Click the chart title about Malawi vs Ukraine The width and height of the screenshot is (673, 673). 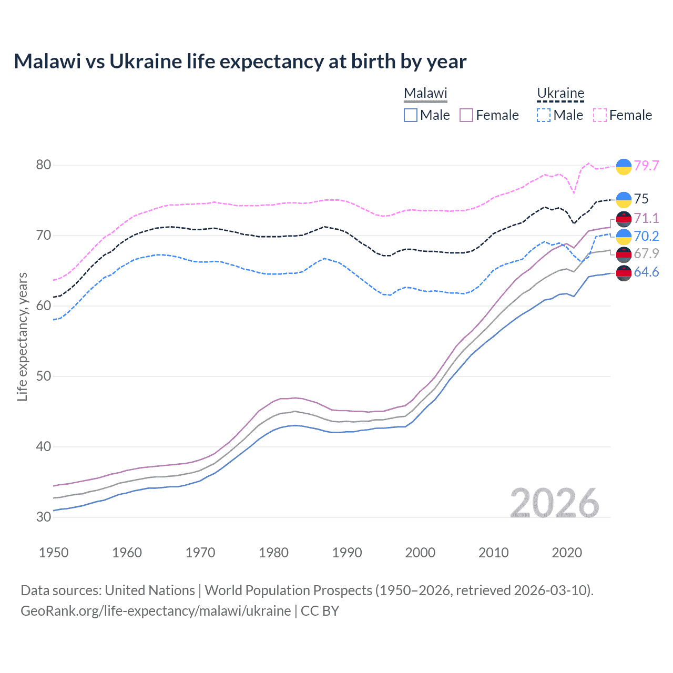(240, 62)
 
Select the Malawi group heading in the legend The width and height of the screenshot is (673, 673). (425, 93)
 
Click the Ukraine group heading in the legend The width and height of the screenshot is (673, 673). (560, 93)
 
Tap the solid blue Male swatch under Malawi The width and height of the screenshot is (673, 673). (411, 115)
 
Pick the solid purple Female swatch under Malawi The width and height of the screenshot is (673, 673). (466, 115)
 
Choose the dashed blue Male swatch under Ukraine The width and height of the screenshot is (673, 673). (544, 115)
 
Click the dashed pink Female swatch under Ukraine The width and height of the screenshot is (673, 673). (600, 115)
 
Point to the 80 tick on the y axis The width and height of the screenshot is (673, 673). (44, 165)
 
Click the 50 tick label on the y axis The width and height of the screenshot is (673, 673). (44, 376)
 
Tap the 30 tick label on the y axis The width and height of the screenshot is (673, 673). (44, 517)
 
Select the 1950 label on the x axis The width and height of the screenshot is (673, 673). (54, 553)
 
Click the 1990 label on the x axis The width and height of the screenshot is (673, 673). (347, 553)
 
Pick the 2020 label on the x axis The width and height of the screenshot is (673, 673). (567, 553)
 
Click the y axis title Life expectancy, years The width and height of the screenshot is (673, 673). (22, 336)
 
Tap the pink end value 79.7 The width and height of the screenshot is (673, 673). (646, 166)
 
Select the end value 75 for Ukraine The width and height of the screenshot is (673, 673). (641, 199)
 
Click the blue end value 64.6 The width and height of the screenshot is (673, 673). (646, 272)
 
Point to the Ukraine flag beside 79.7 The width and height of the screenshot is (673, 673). (624, 166)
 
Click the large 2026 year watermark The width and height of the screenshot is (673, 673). (555, 503)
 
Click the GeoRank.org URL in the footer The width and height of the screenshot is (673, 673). (156, 611)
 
